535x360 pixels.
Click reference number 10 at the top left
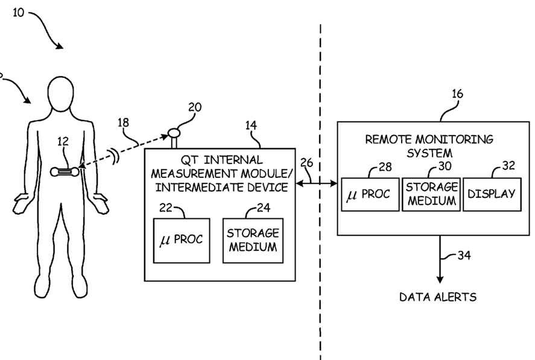(19, 13)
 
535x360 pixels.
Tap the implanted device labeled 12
(65, 172)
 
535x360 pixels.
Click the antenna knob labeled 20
(174, 131)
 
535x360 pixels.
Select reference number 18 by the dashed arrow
(123, 122)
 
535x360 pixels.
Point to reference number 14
(251, 125)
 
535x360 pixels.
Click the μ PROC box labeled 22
(182, 241)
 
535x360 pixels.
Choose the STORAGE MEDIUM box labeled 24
(253, 241)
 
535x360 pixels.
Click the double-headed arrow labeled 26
(316, 183)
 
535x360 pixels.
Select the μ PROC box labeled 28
(370, 194)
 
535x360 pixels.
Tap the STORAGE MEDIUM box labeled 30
(431, 194)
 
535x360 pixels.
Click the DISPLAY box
(492, 194)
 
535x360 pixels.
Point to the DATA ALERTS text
(438, 297)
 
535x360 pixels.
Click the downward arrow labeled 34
(440, 259)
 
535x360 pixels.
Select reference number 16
(457, 94)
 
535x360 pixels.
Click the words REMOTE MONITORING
(429, 139)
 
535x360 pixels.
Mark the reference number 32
(508, 165)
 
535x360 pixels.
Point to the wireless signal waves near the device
(115, 157)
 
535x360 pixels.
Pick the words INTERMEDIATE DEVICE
(222, 188)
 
